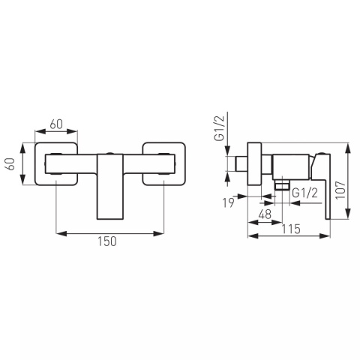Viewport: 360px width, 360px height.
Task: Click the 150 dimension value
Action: click(107, 241)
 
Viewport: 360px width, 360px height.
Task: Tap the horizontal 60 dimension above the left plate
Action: click(56, 124)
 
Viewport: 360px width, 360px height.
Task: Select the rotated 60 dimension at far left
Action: click(10, 164)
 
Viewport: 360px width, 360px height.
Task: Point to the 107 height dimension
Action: click(340, 190)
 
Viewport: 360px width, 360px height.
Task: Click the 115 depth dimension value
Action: click(291, 229)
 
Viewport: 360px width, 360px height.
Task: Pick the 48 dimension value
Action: click(265, 214)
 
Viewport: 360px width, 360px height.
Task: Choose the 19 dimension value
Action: click(228, 202)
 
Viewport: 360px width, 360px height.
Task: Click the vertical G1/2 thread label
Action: click(219, 127)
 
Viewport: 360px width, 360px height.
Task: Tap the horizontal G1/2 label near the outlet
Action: click(304, 193)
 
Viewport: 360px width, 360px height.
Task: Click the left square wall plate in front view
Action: click(36, 164)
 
